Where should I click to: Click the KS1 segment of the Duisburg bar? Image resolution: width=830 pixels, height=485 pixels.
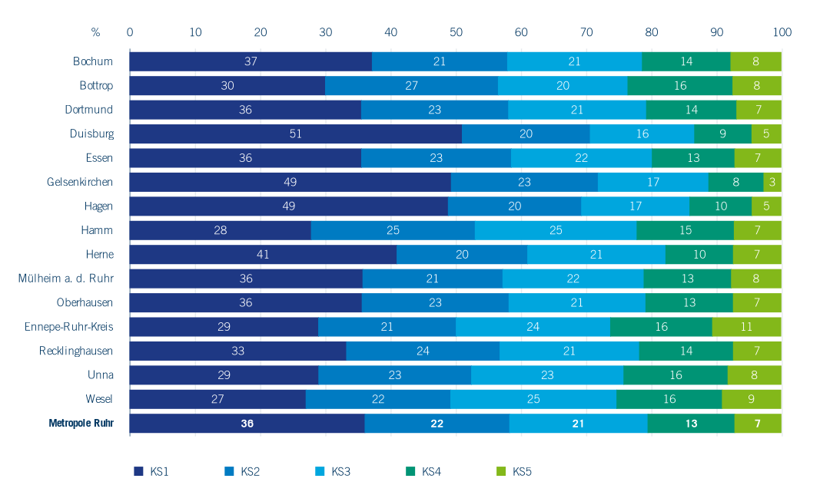pos(295,134)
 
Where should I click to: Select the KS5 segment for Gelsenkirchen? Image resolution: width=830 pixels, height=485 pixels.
pos(772,182)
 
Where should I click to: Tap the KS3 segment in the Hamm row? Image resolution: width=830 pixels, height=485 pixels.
pos(555,230)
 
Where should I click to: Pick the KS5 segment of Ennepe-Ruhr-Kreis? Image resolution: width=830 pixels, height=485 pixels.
pos(746,327)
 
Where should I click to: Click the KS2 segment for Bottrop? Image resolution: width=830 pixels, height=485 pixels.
pos(411,85)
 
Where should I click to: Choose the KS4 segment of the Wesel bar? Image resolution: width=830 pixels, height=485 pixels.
pos(669,399)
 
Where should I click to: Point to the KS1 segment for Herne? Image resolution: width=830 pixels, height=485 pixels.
pos(263,255)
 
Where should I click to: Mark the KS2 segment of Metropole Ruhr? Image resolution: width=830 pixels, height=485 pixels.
pos(437,424)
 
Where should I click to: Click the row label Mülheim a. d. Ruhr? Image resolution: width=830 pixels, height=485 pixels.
pos(66,279)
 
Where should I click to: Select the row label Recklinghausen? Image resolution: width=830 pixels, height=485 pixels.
pos(76,351)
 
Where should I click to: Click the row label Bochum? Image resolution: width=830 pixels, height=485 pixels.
pos(93,61)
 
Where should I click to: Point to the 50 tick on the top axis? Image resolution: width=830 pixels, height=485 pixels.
pos(456,32)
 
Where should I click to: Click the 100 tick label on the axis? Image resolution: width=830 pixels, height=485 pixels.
pos(782,32)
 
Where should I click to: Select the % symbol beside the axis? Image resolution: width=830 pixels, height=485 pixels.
pos(95,32)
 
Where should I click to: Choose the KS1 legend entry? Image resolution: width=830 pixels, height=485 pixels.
pos(151,471)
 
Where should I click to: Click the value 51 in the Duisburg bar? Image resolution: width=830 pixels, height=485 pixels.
pos(296,134)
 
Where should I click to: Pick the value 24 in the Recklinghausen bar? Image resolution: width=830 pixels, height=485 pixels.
pos(423,351)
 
